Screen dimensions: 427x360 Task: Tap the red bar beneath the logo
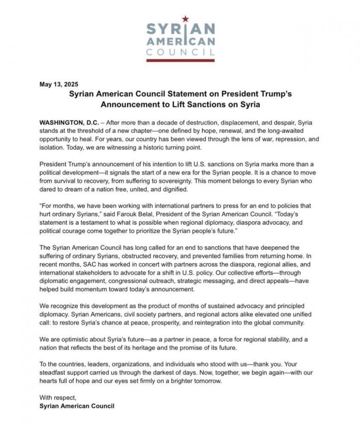180,60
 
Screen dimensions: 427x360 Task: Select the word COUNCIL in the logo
180,53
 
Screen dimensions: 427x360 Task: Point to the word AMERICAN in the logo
180,42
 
